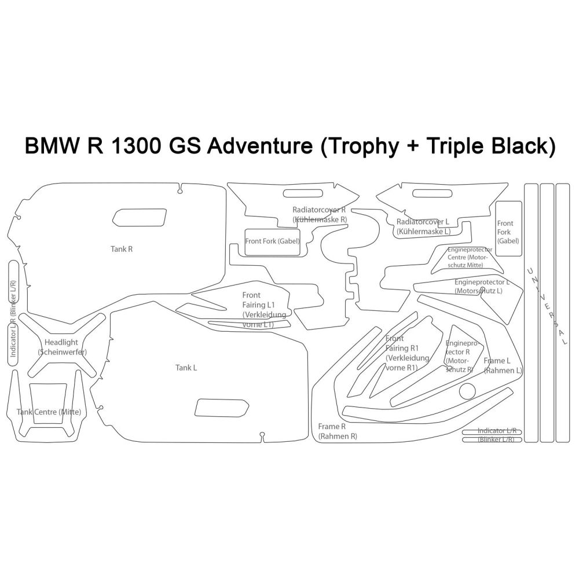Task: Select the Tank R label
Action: (122, 249)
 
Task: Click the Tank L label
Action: (186, 368)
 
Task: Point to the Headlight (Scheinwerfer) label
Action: (62, 347)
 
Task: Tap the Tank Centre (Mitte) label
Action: (49, 412)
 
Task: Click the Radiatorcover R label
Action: (319, 215)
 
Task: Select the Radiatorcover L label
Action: (423, 226)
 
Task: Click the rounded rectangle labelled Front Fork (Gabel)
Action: (273, 241)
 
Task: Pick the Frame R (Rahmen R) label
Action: (337, 431)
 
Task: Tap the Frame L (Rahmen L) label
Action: (503, 365)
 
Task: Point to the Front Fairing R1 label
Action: (407, 353)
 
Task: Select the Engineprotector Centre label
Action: (470, 257)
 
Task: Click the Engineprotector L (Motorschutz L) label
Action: (482, 286)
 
